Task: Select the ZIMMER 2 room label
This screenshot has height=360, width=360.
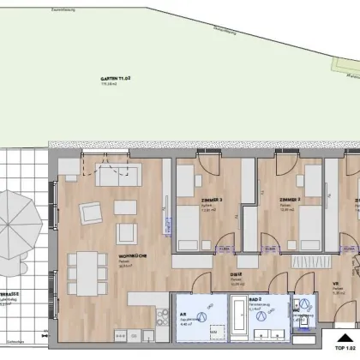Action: [288, 199]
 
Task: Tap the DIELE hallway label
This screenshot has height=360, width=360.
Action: [233, 275]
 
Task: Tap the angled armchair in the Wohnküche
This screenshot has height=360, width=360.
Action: [88, 212]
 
